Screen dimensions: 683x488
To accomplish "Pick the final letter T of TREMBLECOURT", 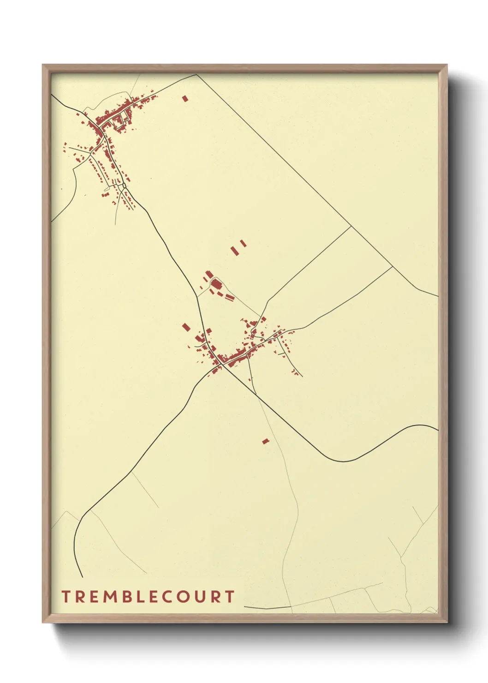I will (x=230, y=597).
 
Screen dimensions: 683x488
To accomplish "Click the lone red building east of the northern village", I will (x=185, y=98).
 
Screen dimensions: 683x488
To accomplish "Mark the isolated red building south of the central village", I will (x=265, y=441).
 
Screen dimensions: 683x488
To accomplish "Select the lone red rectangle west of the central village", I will (x=186, y=327).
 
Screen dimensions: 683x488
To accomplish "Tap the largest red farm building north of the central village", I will (x=216, y=284).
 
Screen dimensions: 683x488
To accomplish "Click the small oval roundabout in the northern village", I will (x=125, y=186).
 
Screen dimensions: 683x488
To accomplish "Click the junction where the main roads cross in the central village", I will (x=222, y=364).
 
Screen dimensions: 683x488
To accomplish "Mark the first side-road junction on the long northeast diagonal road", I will (x=351, y=226).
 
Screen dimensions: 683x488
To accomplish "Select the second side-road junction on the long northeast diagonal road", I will (x=393, y=266).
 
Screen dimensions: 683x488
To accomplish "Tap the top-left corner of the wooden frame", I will (x=43, y=65).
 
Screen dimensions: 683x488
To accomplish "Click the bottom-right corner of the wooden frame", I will (x=447, y=622).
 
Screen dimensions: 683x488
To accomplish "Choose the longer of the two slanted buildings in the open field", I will (x=235, y=251).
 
